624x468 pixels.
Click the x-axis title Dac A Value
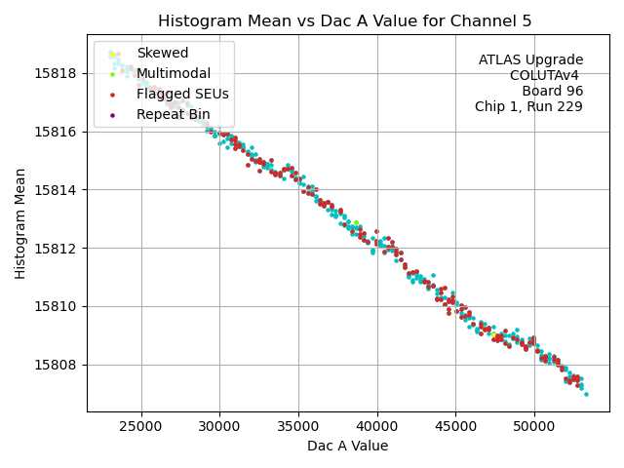(348, 446)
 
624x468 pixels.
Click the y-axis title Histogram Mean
(20, 223)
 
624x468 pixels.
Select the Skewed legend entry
(162, 53)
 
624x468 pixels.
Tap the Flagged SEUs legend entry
(182, 94)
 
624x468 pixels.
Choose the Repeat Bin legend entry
(174, 114)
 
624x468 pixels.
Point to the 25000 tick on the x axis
(141, 426)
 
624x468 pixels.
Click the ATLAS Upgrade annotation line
(530, 60)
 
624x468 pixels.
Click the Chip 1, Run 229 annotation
(528, 107)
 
